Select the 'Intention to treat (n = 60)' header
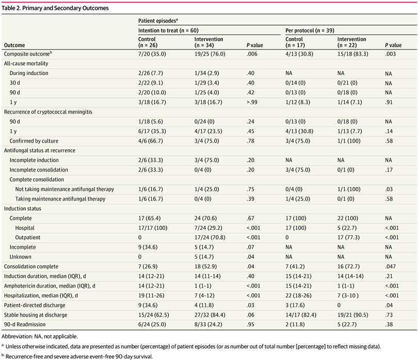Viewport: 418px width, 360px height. point(166,30)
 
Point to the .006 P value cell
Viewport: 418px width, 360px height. point(252,54)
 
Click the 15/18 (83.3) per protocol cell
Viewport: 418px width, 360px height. point(353,54)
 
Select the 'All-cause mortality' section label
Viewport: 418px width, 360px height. point(26,63)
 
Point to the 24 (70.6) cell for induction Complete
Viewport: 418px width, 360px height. point(206,218)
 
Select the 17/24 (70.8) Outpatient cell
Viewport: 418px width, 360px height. point(210,238)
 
